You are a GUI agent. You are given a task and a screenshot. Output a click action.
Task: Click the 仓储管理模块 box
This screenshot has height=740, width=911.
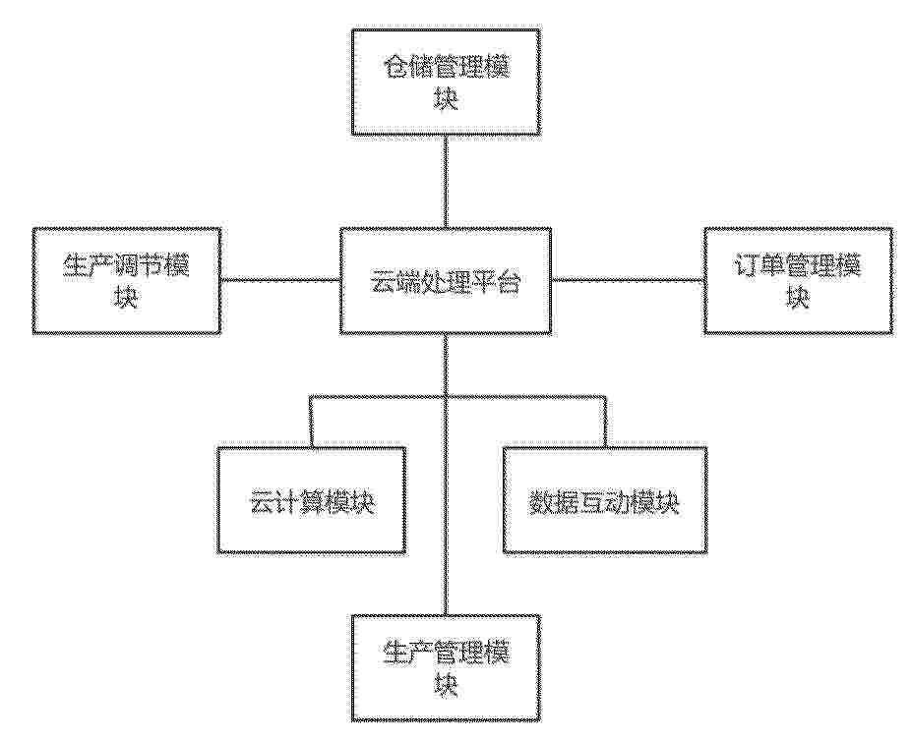point(446,82)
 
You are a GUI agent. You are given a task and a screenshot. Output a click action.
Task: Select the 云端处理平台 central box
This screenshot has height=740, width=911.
point(445,280)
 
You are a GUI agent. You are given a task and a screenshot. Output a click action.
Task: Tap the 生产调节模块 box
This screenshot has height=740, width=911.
point(126,280)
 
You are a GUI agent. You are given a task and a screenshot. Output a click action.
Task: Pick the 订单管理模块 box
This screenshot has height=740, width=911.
point(798,280)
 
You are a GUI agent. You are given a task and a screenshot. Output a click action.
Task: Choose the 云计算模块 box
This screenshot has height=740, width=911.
point(312,499)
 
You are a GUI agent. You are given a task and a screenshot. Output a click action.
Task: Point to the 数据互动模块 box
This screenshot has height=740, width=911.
point(604,499)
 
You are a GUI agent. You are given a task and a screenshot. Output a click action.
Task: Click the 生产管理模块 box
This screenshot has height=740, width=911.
point(446,668)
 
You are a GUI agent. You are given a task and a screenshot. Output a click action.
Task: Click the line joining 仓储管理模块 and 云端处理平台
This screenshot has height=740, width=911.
point(446,181)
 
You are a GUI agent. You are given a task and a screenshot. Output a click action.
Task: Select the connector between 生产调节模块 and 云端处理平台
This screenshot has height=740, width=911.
point(280,280)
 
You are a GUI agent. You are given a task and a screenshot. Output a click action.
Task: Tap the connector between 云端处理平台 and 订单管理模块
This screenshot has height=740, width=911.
point(628,280)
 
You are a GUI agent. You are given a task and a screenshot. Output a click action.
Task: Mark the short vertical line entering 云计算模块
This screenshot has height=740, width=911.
point(312,422)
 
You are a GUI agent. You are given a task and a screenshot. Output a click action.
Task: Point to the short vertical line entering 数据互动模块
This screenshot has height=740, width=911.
point(605,422)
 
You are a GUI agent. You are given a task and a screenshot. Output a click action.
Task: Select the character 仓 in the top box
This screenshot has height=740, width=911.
point(395,68)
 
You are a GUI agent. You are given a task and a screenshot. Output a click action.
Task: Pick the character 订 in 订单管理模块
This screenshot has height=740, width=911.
point(747,266)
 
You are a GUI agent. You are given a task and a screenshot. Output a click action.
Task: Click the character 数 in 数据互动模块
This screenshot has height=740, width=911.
point(541,502)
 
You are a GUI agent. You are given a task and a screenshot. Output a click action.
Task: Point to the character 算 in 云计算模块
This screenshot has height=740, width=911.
point(312,502)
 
